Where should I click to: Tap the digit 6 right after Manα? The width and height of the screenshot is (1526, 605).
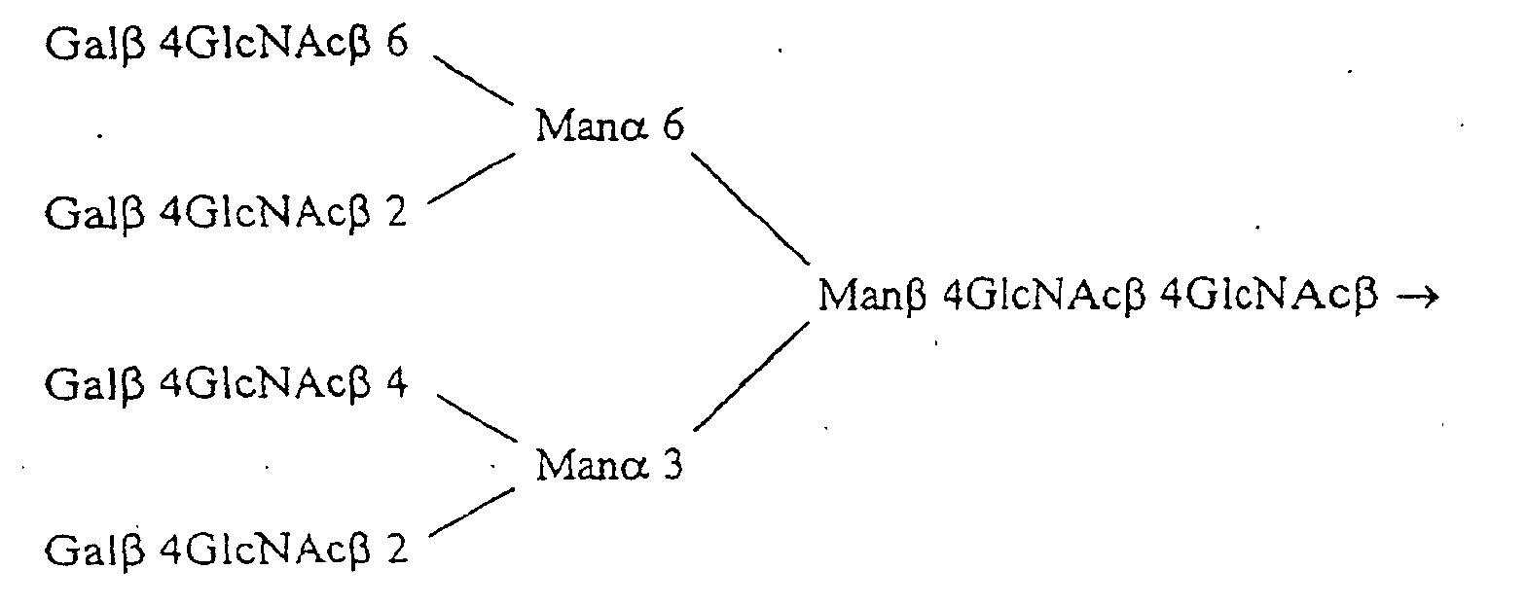672,127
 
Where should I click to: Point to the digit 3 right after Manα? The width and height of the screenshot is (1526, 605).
672,466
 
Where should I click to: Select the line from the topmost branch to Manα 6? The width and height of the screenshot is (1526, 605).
473,81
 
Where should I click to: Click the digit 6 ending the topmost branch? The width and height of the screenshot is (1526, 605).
397,47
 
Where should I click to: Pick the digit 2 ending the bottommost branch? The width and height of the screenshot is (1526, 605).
397,551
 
